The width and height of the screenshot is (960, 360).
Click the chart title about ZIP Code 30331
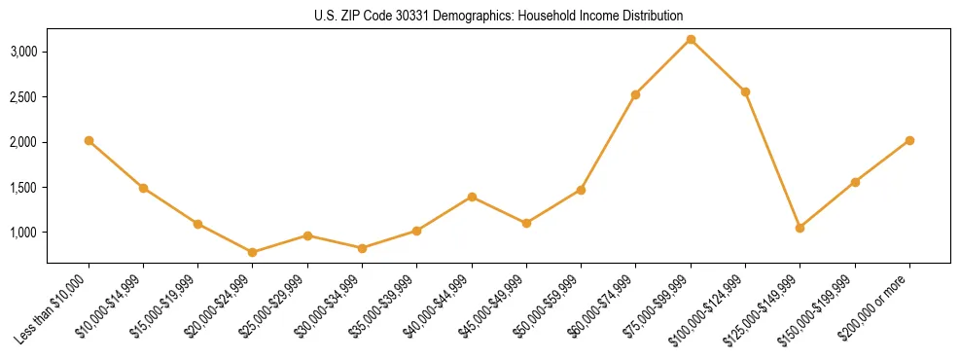(498, 17)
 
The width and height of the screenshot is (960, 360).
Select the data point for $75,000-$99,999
(691, 40)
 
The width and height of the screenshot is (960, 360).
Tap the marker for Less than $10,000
(89, 141)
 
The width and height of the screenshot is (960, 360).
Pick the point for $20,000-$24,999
(253, 252)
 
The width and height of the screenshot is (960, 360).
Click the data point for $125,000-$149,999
(800, 228)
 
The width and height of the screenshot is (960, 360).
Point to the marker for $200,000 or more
(909, 141)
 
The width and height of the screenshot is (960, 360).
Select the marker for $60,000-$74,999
(635, 94)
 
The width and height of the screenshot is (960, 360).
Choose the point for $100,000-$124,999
(745, 92)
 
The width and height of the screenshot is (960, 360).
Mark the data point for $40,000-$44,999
(472, 197)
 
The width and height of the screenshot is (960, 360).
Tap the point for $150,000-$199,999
(855, 182)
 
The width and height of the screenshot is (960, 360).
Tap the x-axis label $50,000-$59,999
(546, 309)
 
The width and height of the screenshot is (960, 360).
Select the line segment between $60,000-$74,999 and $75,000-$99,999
(663, 67)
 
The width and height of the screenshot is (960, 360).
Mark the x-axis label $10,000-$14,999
(108, 309)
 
